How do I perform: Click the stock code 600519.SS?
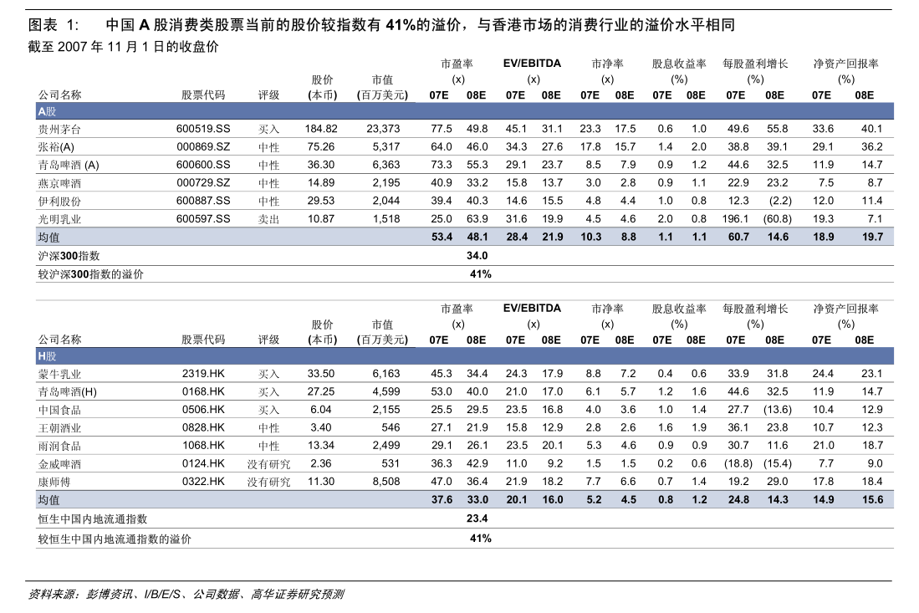pos(203,129)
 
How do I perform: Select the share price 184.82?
pos(321,129)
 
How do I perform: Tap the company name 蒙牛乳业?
pos(59,375)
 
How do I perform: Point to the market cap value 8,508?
pos(386,482)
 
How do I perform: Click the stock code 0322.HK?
pos(203,482)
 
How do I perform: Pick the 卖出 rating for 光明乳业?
pos(269,219)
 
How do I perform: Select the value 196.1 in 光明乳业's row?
pos(736,219)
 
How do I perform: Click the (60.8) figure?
pos(777,219)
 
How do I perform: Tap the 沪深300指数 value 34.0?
pos(477,256)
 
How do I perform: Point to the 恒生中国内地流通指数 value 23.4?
pos(477,518)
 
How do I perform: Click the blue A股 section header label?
pos(47,111)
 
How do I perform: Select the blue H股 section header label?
pos(47,356)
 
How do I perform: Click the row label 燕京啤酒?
pos(59,183)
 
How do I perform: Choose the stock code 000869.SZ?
pos(203,147)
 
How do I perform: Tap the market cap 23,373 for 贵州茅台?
pos(383,129)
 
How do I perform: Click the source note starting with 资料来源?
pos(186,595)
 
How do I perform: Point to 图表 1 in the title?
pos(53,24)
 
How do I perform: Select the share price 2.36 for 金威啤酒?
pos(321,463)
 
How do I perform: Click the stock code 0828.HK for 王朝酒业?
pos(203,428)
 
